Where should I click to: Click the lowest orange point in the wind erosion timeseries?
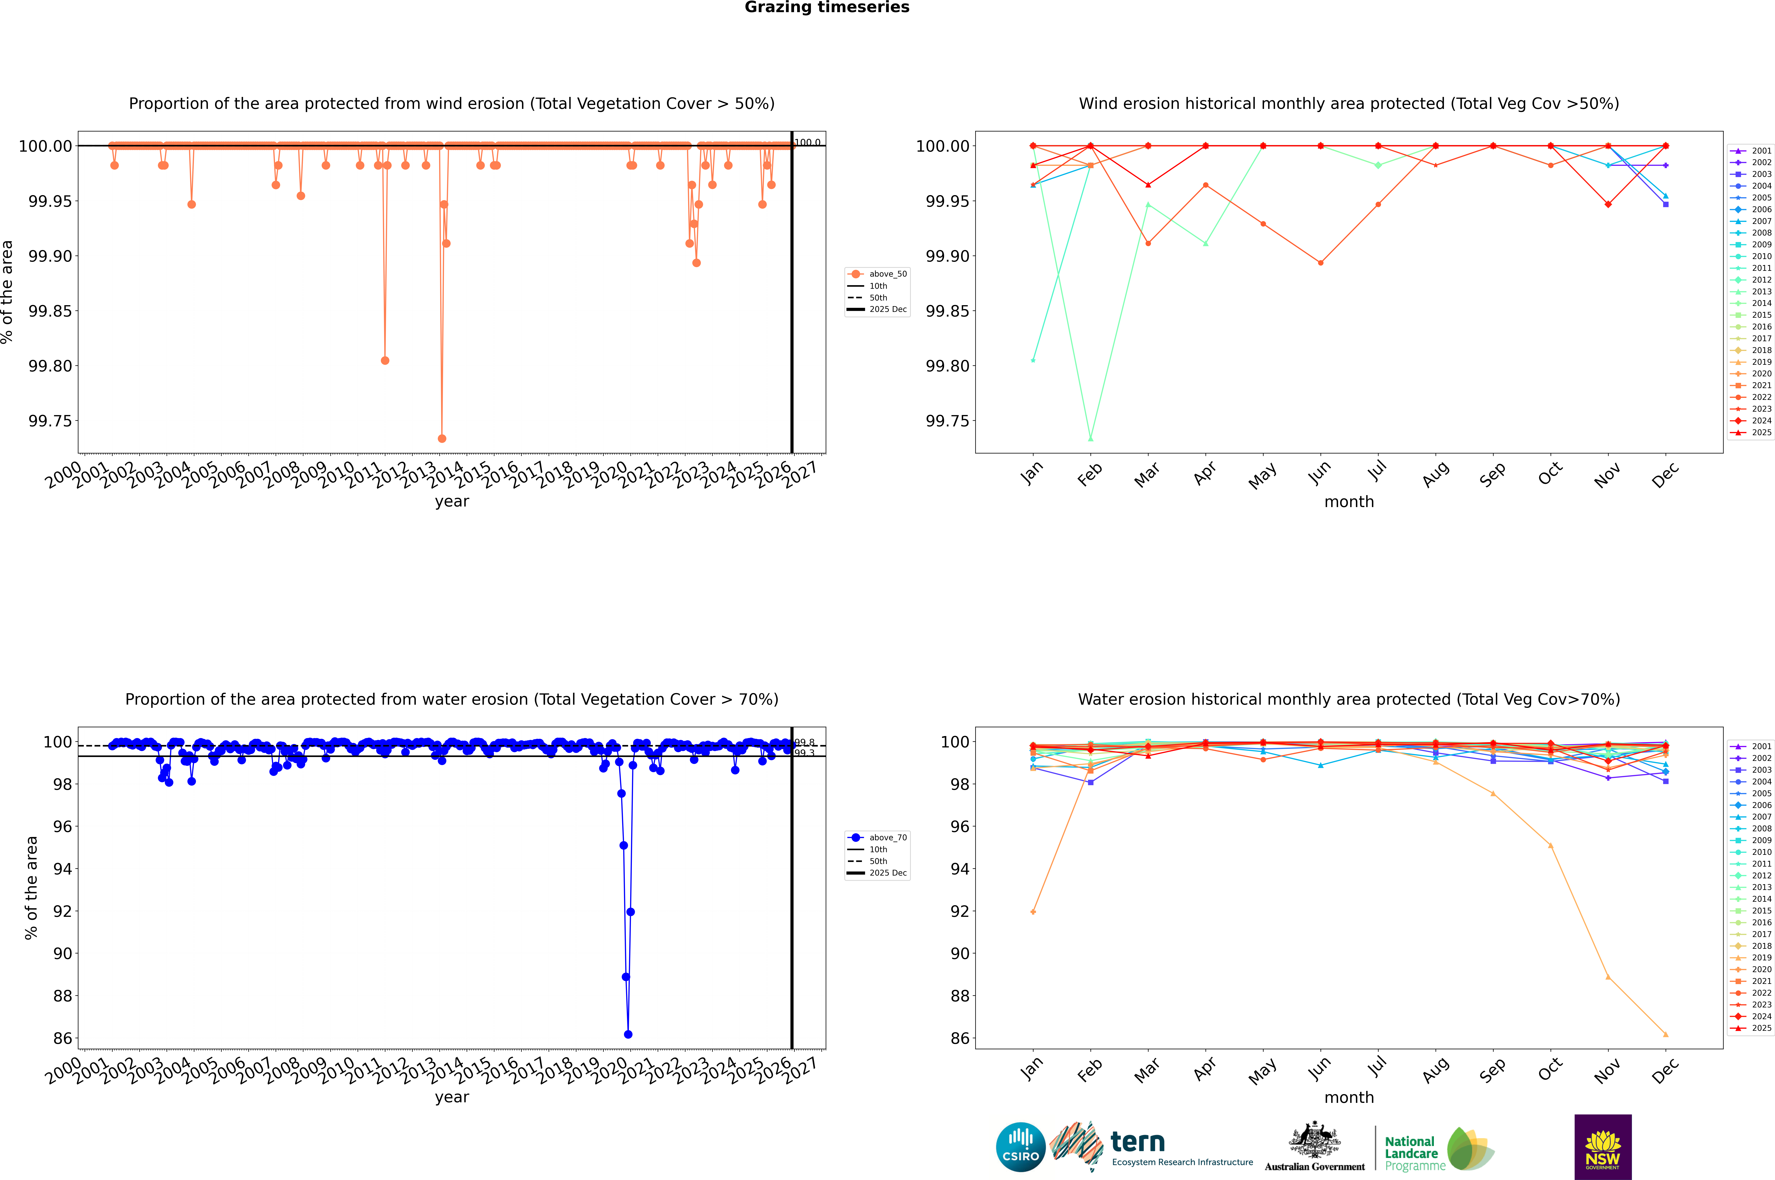[442, 438]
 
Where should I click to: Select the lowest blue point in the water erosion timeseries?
[628, 1034]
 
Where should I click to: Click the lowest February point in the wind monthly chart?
[1090, 438]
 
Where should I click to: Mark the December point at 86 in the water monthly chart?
[1665, 1034]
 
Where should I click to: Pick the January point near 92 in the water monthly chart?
[1033, 911]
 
